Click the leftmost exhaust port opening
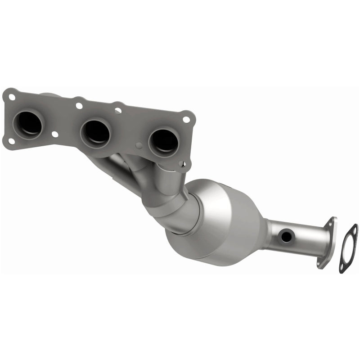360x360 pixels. tap(29, 123)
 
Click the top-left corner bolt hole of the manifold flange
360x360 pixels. tap(11, 96)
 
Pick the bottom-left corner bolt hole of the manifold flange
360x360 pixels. tap(11, 141)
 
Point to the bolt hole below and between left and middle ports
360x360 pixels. tap(55, 134)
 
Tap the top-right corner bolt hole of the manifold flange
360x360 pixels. tap(186, 119)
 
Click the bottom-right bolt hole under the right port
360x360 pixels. tap(182, 165)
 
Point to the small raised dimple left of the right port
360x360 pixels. tap(139, 145)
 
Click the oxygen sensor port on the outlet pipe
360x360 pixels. tap(284, 235)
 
